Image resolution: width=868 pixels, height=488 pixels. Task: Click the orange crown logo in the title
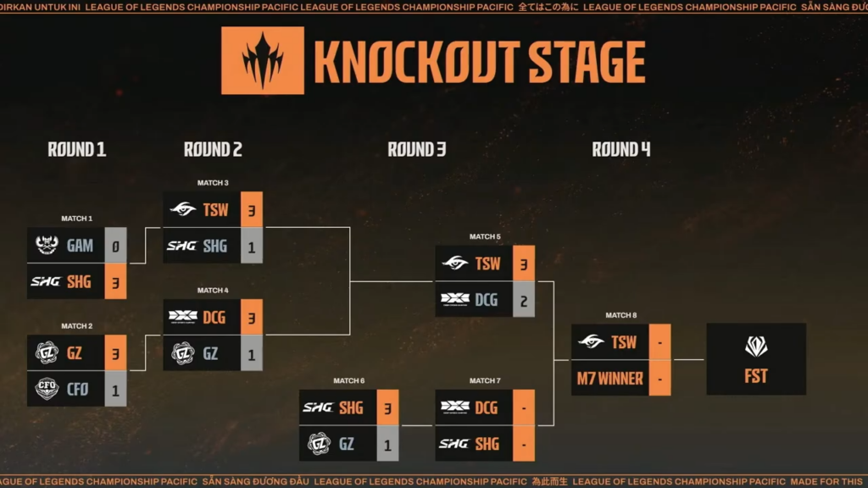(x=262, y=60)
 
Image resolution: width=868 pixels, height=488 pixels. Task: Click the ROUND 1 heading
(x=77, y=150)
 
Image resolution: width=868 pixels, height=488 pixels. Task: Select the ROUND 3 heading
(x=417, y=150)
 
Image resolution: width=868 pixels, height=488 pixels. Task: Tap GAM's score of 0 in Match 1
(x=116, y=246)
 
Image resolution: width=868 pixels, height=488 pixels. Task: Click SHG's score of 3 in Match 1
(x=116, y=281)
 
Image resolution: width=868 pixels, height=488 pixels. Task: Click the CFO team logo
(x=47, y=388)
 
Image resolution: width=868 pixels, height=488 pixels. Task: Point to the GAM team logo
(x=47, y=246)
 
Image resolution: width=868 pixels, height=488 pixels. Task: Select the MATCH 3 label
(x=213, y=183)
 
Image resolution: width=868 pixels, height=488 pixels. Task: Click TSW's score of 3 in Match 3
(x=252, y=209)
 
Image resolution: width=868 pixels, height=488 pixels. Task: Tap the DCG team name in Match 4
(x=215, y=317)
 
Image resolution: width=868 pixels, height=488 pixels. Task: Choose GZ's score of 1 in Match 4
(x=252, y=353)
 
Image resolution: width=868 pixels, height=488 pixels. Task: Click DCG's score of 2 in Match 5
(x=524, y=299)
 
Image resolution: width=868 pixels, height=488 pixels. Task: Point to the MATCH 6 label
(x=348, y=381)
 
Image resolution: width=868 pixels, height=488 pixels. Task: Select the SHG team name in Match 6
(x=351, y=408)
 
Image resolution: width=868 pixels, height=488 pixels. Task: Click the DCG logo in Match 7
(x=455, y=408)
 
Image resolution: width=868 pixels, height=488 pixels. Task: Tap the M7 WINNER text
(x=609, y=379)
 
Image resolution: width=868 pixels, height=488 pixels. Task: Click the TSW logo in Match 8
(x=591, y=342)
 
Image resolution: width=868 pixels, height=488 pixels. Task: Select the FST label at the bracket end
(x=755, y=376)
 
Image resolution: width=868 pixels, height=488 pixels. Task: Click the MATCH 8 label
(x=620, y=315)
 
